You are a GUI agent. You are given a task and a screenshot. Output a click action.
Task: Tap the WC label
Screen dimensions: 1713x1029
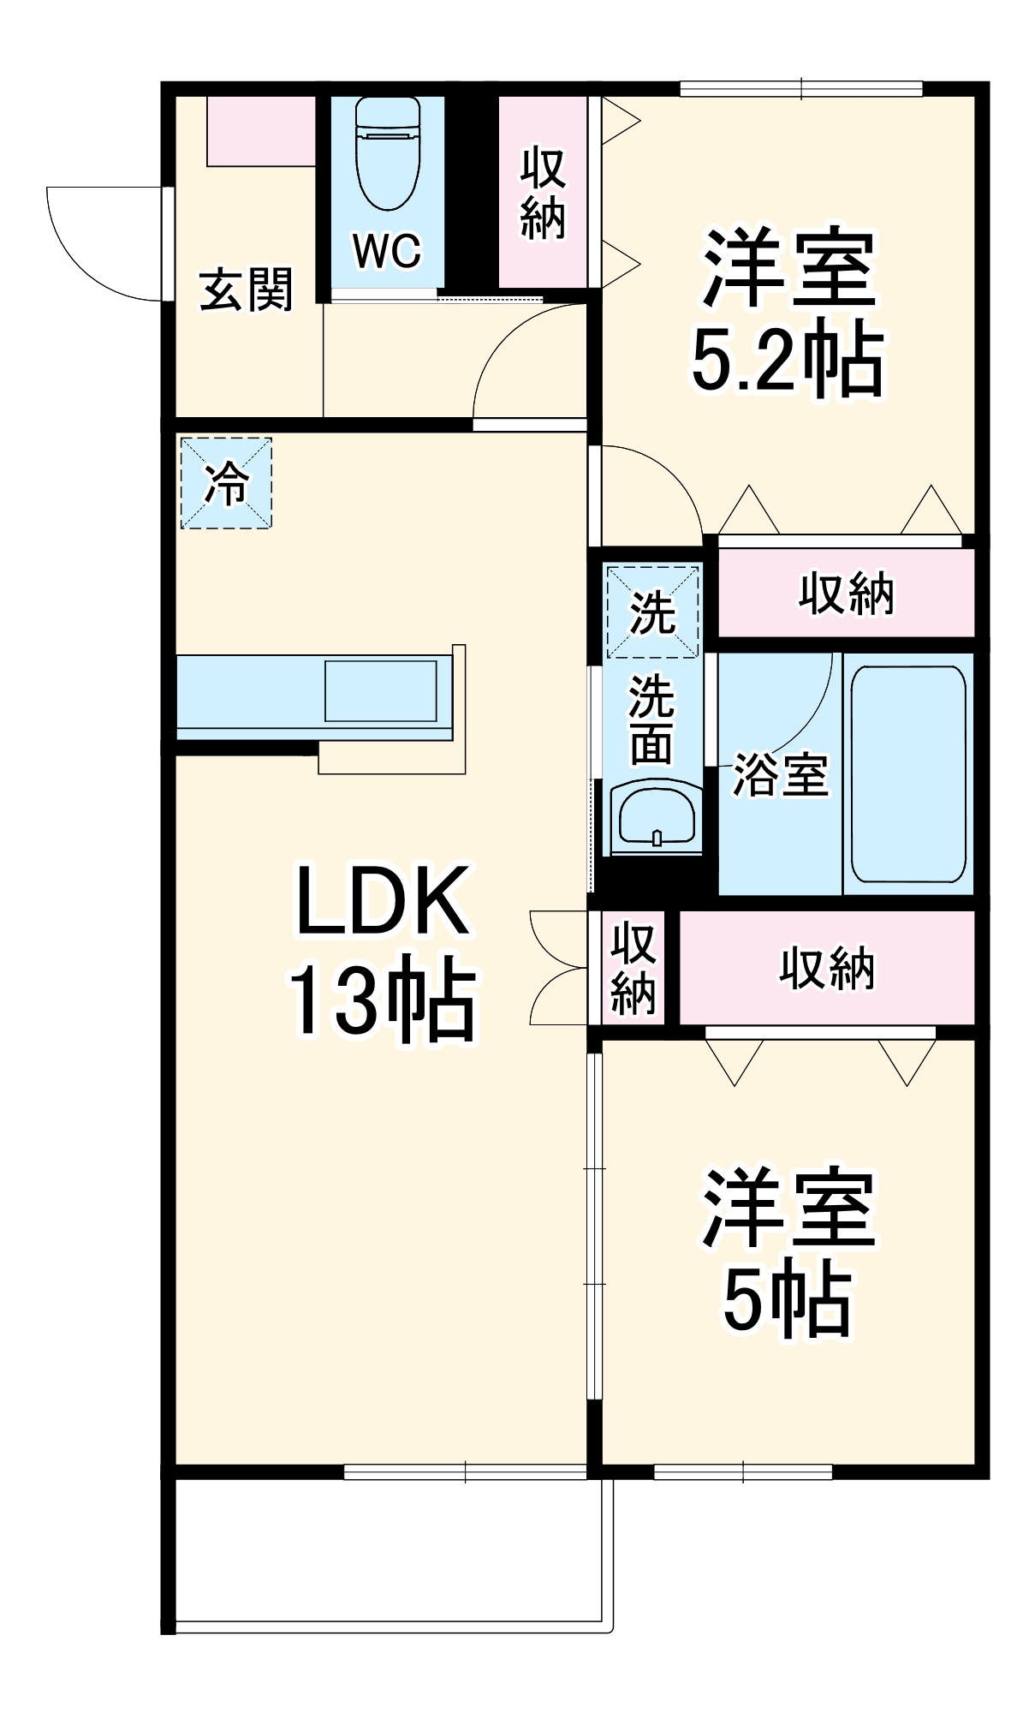click(x=387, y=251)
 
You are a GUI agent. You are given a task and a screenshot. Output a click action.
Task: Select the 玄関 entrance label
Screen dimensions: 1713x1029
click(x=246, y=289)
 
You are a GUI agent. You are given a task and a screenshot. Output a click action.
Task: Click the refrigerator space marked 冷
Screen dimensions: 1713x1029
click(x=226, y=483)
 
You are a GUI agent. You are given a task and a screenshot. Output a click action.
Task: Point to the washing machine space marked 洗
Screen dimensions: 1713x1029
click(x=652, y=612)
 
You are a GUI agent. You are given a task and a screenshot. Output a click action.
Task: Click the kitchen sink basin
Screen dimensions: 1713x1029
click(x=380, y=690)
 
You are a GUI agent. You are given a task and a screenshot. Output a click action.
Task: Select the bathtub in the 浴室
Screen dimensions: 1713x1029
click(x=908, y=774)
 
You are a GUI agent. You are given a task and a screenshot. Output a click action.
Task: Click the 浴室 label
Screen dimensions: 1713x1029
click(x=780, y=775)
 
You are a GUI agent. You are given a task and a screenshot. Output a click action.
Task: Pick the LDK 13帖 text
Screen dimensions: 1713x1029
click(x=381, y=951)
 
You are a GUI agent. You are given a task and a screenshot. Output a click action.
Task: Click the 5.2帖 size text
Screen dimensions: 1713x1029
click(x=786, y=358)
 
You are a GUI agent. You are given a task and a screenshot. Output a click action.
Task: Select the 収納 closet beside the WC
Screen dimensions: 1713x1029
click(x=543, y=192)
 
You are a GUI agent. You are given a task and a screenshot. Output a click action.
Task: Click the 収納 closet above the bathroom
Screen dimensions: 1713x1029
click(x=846, y=593)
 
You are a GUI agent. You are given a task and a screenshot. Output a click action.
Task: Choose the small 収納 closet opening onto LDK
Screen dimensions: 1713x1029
click(x=633, y=968)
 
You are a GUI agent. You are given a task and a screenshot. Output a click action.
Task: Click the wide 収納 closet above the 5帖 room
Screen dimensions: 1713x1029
click(x=827, y=968)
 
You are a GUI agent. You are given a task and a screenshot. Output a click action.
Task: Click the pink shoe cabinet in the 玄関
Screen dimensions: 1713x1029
click(x=261, y=132)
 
